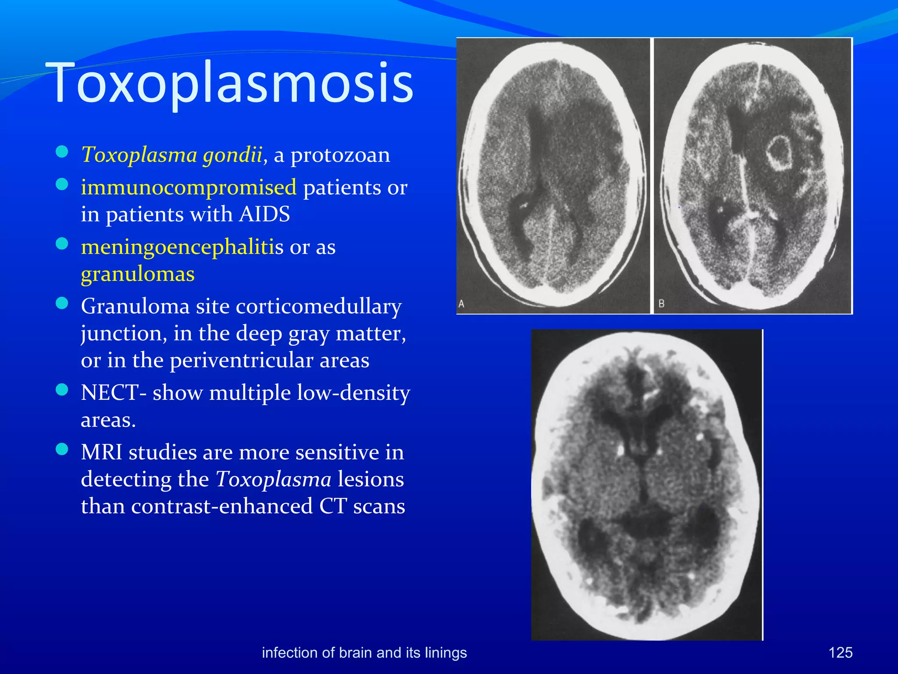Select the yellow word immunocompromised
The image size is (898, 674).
pos(189,187)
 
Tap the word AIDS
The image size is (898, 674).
pos(264,214)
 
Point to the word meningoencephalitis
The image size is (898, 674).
pos(182,247)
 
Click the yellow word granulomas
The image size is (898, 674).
pos(138,274)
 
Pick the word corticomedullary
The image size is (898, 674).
pos(319,307)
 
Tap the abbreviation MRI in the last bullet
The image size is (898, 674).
pos(101,452)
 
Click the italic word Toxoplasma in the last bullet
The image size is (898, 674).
pos(273,479)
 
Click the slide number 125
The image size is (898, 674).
pos(840,652)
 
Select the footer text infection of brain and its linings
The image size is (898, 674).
pos(364,652)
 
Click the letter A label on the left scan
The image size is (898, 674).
pos(461,304)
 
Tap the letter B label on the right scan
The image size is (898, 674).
pos(662,304)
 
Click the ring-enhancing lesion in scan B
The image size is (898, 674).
pos(779,153)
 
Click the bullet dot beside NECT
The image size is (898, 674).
pos(62,390)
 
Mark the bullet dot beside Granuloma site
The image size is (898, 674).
pos(62,303)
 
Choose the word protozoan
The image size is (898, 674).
pos(340,155)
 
